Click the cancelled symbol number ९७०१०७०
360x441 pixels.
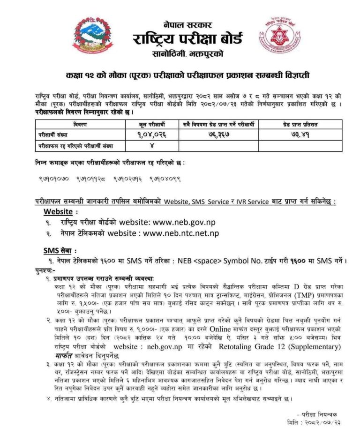point(55,179)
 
